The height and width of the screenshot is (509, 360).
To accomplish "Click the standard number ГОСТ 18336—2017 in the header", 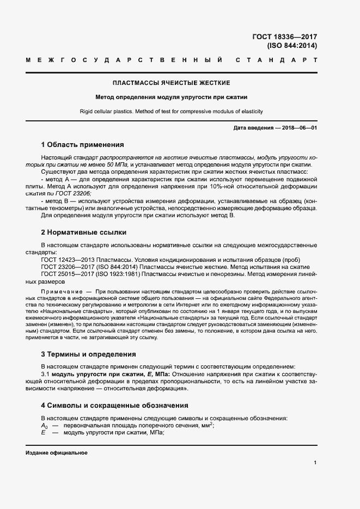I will point(284,37).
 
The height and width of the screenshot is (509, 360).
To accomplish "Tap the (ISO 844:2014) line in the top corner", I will point(291,46).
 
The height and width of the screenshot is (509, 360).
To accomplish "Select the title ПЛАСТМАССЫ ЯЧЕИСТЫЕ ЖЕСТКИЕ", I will point(172,83).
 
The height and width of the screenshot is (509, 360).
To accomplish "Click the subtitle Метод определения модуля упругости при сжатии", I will point(172,97).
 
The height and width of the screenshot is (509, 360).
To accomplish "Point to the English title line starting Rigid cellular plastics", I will point(172,112).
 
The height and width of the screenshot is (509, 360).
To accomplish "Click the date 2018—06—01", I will point(298,127).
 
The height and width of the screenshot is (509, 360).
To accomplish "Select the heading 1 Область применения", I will point(83,145).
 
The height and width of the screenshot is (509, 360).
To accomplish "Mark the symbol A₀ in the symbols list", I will point(45,426).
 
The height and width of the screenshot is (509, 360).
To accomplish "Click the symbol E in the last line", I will point(43,433).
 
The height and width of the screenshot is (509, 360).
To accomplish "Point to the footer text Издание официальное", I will point(57,453).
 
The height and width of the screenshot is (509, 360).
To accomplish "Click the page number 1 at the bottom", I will point(315,463).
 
